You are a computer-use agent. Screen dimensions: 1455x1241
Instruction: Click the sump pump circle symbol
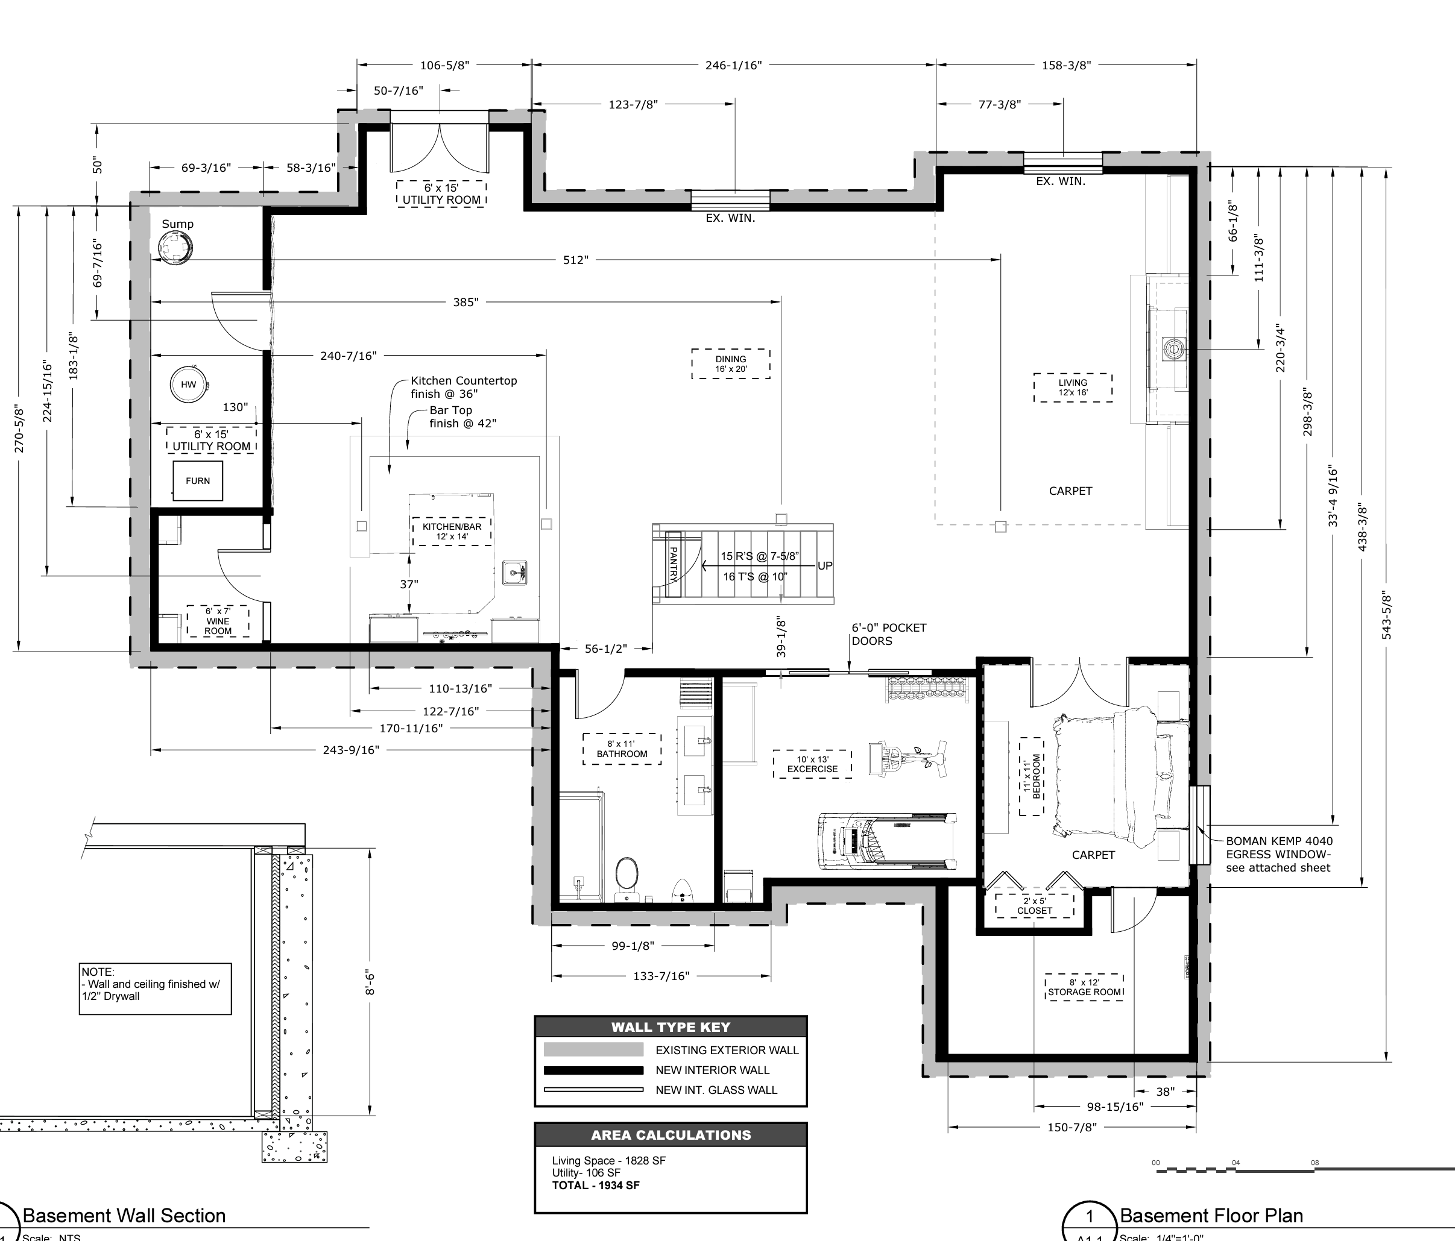175,248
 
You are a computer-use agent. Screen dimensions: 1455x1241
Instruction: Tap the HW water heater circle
188,384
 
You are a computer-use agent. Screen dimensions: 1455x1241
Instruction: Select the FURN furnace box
198,481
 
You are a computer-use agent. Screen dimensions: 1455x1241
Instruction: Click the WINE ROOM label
218,621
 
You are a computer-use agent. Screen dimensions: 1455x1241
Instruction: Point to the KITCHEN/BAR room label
452,532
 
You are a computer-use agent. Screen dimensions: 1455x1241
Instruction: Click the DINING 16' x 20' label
731,363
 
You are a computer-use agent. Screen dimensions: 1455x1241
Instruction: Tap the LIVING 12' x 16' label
1073,388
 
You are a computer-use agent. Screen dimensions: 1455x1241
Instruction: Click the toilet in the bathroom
627,878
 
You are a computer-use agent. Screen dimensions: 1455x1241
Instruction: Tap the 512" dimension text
576,260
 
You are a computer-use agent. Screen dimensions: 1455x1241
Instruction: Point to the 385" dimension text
466,303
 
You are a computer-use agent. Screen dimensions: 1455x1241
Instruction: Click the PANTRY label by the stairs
674,565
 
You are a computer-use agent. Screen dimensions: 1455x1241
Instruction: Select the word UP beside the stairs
825,566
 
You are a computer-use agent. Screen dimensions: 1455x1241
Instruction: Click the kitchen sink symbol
515,573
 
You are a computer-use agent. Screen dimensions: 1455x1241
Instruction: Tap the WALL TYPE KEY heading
671,1027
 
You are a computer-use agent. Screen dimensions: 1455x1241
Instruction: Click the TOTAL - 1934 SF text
596,1186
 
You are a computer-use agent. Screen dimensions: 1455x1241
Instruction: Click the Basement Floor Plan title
1211,1216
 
